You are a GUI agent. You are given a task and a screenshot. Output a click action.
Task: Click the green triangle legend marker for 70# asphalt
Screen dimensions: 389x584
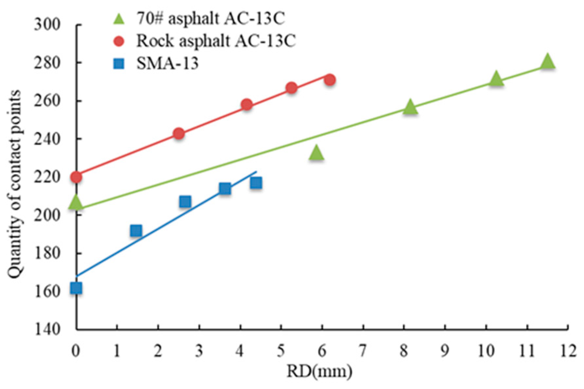(119, 20)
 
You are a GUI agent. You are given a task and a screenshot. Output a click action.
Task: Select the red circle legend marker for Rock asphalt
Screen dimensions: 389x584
(119, 42)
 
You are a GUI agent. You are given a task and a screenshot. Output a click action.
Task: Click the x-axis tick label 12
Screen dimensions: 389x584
(568, 351)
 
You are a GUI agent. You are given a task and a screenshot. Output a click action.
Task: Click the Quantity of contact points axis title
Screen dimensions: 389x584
(15, 185)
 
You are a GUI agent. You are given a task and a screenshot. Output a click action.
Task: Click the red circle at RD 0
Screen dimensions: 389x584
(76, 177)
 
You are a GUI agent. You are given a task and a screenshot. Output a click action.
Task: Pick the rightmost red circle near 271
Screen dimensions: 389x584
(330, 80)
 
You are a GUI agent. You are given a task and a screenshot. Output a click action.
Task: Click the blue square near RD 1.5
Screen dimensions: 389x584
(136, 231)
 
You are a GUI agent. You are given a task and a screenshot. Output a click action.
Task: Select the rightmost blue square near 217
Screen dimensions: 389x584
(256, 183)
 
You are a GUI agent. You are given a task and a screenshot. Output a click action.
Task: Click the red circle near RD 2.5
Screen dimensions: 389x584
(179, 133)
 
